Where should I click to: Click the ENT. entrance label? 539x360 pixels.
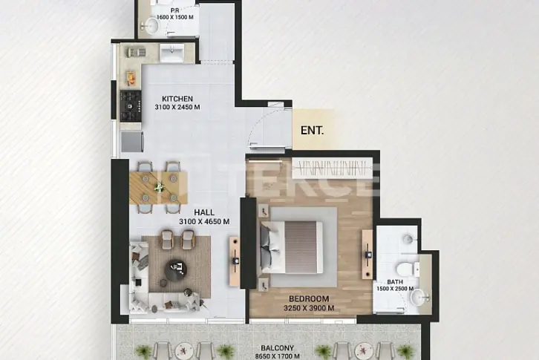pos(312,131)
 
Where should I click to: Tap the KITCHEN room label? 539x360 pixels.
pos(177,99)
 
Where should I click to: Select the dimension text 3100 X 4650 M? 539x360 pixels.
pos(204,222)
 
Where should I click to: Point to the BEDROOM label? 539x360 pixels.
pos(309,299)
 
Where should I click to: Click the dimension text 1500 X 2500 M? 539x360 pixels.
pos(395,289)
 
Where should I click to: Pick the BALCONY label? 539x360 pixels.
pos(278,348)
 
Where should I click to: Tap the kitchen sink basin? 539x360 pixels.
pos(172,53)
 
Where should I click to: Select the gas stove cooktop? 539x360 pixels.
pos(131,106)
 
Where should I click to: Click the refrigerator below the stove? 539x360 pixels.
pos(132,142)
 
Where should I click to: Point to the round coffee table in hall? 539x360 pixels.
pos(176,270)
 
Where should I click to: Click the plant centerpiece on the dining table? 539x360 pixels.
pos(159,188)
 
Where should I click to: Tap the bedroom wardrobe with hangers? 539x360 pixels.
pos(333,168)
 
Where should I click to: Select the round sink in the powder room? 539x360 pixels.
pos(151,25)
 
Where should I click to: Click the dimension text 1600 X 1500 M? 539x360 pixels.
pos(175,17)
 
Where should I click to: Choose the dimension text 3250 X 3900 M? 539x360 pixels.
pos(309,308)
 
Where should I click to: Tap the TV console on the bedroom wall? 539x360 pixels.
pos(367,255)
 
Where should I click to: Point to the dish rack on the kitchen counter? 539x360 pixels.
pos(137,52)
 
